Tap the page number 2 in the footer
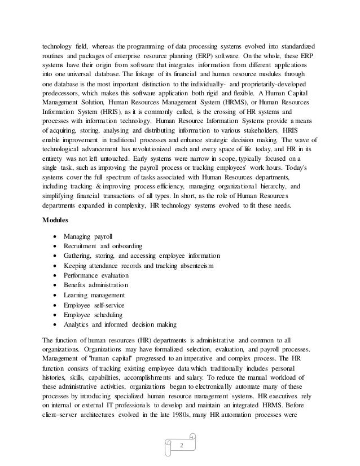182,445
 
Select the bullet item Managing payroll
89,234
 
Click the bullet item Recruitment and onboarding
103,244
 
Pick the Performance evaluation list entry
97,275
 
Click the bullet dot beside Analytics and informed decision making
53,325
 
